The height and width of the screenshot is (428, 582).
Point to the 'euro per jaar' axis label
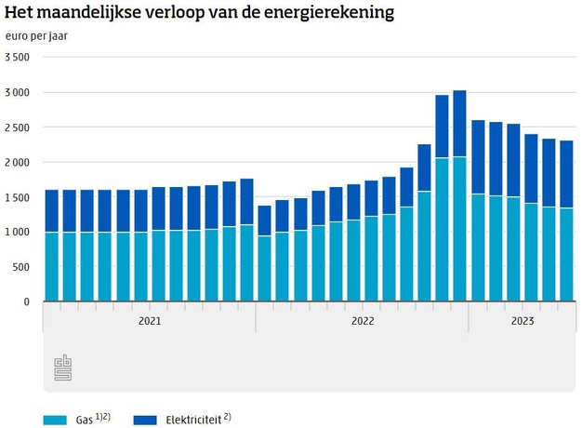35,36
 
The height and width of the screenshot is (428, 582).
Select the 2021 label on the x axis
149,321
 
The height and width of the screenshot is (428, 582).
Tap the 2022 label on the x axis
362,321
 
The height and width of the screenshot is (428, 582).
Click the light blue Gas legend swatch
56,420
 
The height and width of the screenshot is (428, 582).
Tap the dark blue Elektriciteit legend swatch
145,420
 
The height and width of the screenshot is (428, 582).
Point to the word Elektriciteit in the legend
192,420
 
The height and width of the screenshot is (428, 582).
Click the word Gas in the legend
84,420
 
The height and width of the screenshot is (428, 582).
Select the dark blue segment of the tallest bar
459,124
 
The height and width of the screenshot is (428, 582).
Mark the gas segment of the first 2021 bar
52,267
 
